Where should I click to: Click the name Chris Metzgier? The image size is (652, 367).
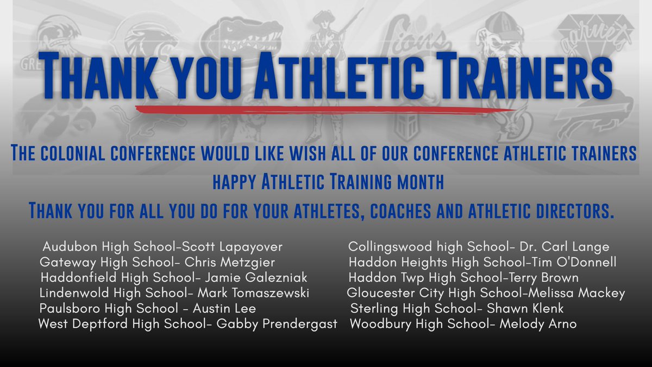[x=234, y=263]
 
